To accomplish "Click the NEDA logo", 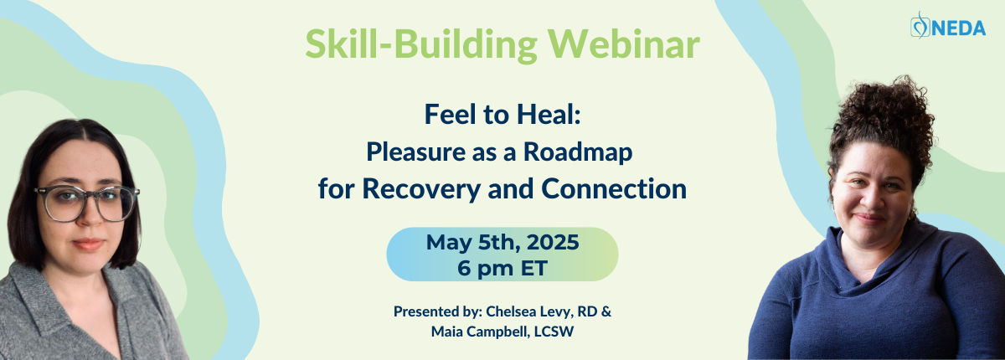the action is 947,26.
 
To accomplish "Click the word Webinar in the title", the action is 624,44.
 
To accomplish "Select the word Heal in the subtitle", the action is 549,115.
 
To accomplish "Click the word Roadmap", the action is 578,153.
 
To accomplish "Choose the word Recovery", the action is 421,189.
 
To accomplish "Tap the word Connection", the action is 614,188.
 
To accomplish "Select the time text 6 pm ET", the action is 502,269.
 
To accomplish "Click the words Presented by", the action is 437,312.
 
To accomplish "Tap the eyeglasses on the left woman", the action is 87,204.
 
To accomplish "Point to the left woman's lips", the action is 88,244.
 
